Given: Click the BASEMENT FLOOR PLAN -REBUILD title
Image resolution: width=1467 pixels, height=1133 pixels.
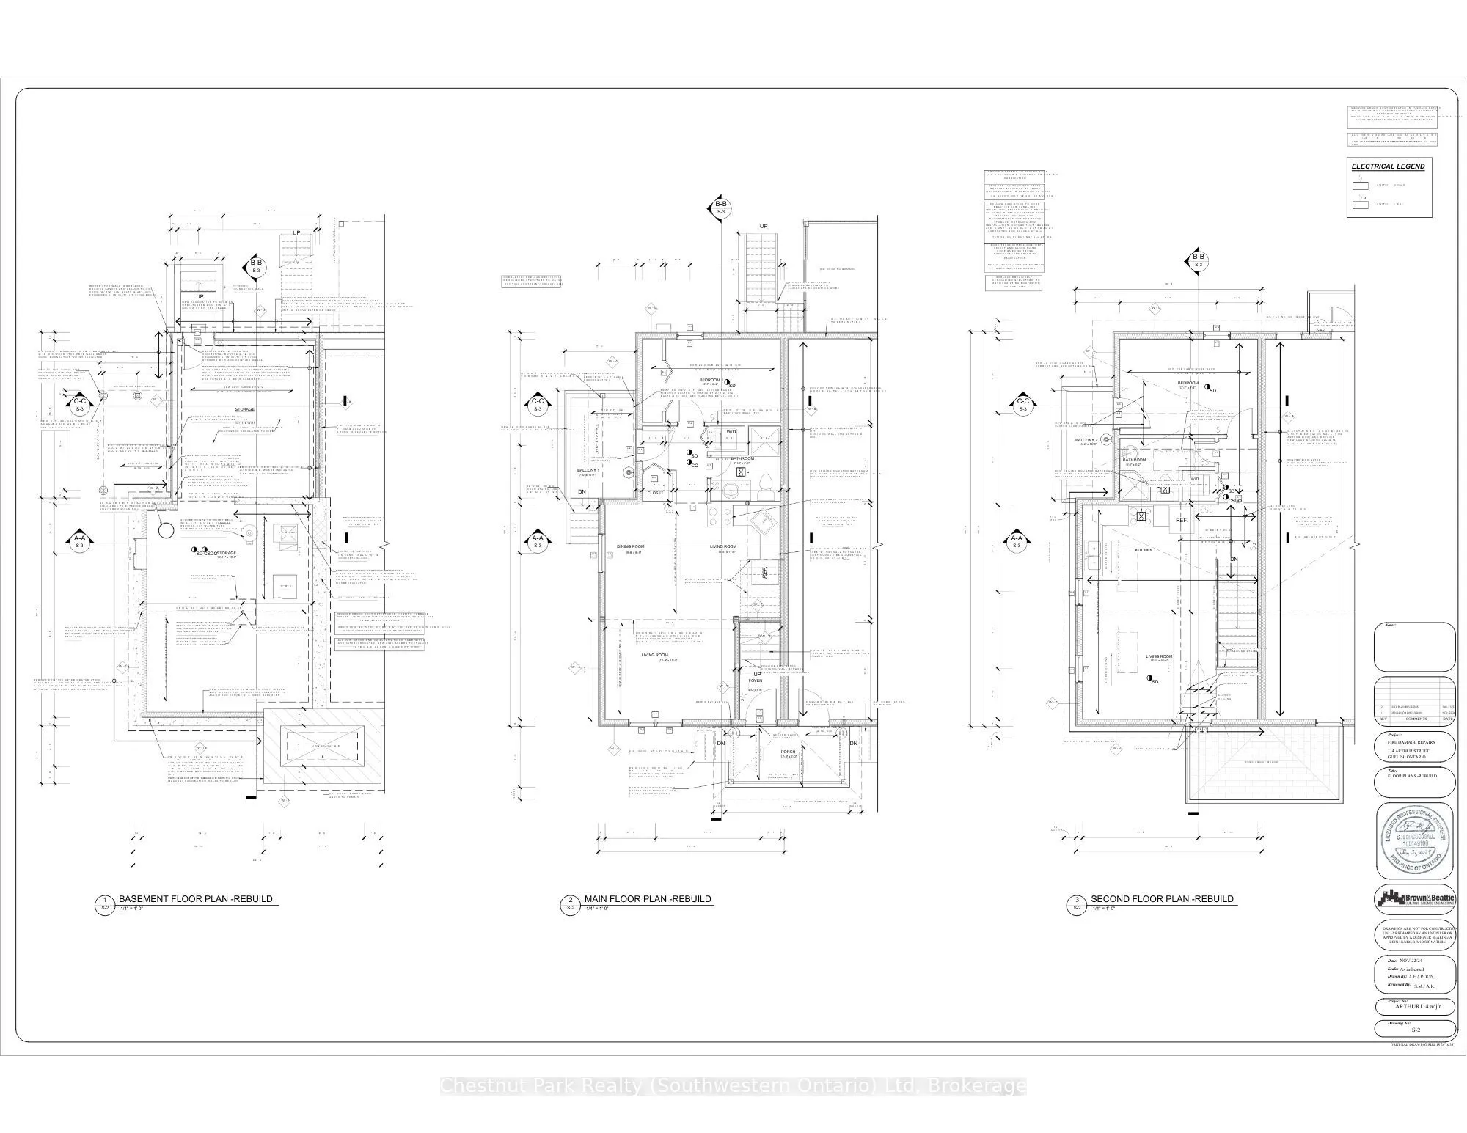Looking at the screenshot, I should (x=195, y=899).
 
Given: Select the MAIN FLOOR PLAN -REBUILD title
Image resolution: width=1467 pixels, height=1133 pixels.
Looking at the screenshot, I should (x=648, y=899).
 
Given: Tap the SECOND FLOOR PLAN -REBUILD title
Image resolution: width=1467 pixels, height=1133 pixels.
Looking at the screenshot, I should (x=1162, y=899).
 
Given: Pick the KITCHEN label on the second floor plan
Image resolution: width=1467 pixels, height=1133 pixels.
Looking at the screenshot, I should (x=1144, y=550).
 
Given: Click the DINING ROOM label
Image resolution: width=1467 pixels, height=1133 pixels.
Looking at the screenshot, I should (x=629, y=546).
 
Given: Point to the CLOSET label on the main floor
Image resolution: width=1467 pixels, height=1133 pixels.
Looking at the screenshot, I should (x=655, y=493).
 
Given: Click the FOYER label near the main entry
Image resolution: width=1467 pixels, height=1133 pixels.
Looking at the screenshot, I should (x=755, y=681).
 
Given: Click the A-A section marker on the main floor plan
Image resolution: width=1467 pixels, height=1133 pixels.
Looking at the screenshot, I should (x=537, y=541).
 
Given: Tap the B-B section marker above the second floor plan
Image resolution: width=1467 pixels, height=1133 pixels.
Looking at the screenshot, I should (x=1198, y=260).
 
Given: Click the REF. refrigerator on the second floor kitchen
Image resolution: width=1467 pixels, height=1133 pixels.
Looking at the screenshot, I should (x=1181, y=520).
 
